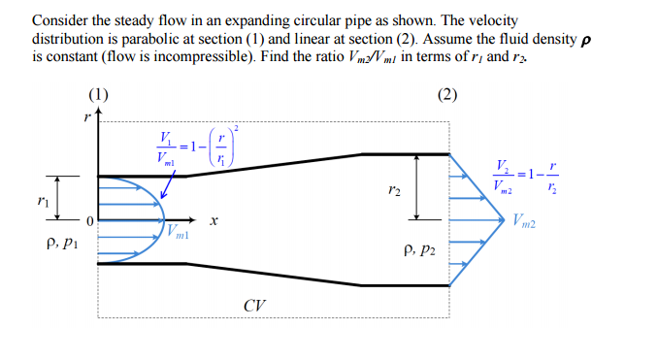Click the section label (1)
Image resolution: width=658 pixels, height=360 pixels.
point(98,95)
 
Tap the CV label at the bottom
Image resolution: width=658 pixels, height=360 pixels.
point(255,306)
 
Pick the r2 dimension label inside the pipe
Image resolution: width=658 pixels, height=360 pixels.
point(392,191)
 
